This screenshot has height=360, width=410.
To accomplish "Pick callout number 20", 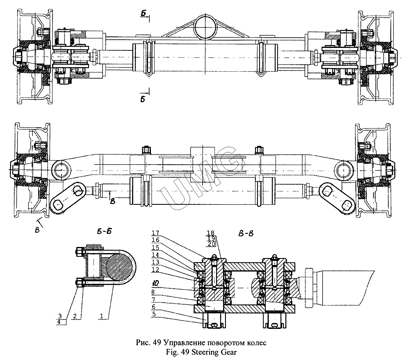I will [x=212, y=245].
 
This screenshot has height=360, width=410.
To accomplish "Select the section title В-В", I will [x=246, y=234].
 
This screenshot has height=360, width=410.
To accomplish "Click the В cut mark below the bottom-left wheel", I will [x=37, y=229].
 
